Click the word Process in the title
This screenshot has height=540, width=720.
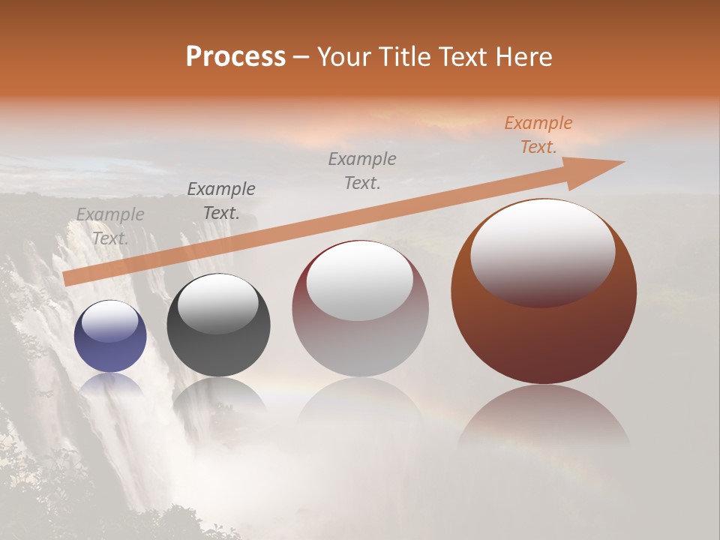coord(235,57)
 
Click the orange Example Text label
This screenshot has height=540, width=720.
coord(538,135)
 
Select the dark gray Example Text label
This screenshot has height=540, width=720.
coord(221,201)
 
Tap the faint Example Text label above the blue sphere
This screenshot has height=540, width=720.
coord(110,226)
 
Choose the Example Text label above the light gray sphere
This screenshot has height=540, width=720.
coord(362,170)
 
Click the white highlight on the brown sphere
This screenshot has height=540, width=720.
coord(542,251)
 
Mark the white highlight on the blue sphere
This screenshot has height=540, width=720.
coord(110,322)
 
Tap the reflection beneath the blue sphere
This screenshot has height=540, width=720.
coord(110,386)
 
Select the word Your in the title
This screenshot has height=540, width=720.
coord(343,57)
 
